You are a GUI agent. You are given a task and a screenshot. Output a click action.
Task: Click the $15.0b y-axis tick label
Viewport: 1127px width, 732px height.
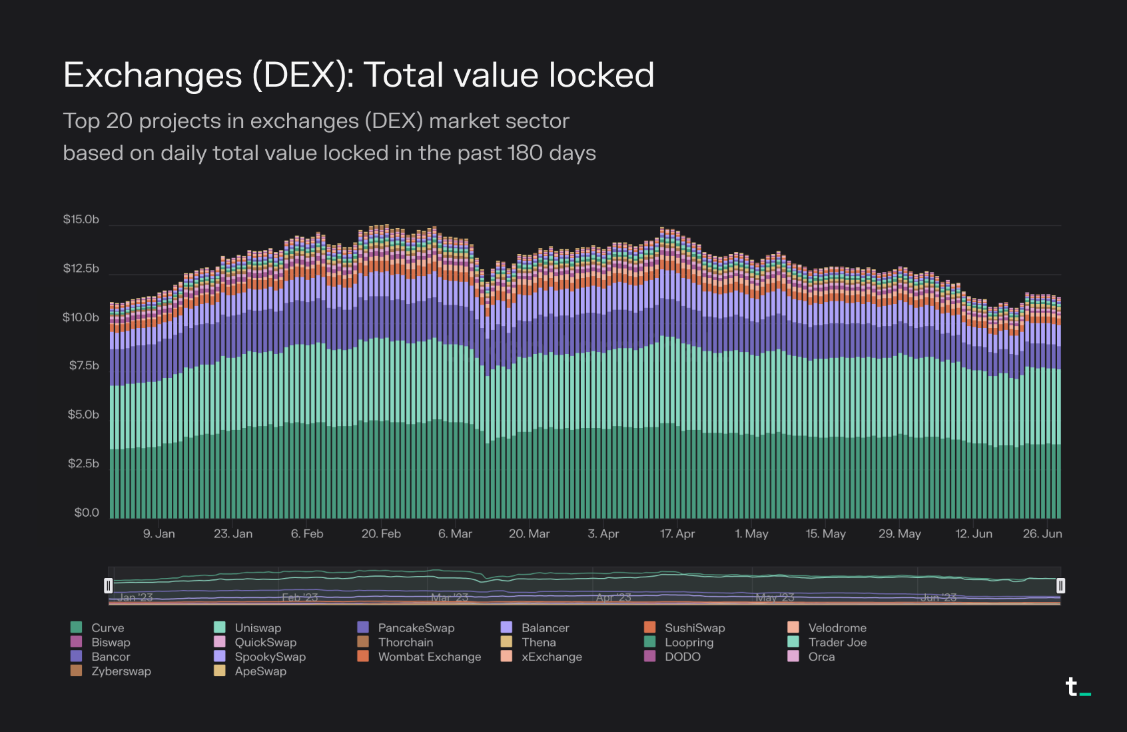click(81, 219)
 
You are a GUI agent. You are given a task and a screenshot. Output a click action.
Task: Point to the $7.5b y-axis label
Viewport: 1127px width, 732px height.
click(84, 365)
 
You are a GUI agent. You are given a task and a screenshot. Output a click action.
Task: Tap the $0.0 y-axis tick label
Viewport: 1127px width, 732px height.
click(87, 513)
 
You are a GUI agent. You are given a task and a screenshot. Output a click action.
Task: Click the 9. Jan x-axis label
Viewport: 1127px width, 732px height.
click(159, 534)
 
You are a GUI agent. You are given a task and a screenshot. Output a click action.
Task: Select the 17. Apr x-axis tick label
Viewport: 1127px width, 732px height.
click(677, 534)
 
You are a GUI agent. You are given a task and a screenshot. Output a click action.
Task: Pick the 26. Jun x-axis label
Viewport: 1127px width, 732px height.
click(1042, 534)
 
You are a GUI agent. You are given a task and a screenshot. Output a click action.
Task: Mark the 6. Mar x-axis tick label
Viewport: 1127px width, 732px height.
click(455, 534)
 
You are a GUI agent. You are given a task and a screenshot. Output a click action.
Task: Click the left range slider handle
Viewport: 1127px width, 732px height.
click(109, 586)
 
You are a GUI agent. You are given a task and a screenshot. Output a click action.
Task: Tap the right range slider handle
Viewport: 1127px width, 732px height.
click(1060, 586)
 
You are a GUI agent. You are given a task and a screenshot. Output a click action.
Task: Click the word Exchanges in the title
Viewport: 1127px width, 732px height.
click(153, 75)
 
